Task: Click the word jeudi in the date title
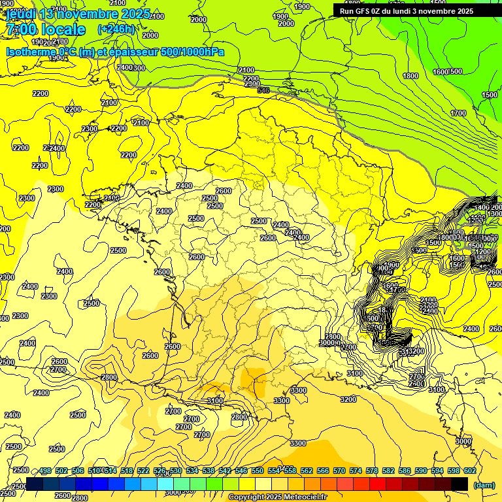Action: tap(20, 14)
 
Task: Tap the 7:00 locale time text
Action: tap(46, 30)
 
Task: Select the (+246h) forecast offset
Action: tap(116, 29)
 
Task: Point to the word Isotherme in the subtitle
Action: tap(30, 52)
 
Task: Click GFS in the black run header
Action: tap(362, 11)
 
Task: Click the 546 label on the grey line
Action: tap(263, 90)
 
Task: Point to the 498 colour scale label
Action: tap(45, 471)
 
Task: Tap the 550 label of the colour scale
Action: tap(258, 471)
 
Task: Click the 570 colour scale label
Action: tap(339, 471)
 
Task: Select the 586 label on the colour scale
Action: tap(405, 471)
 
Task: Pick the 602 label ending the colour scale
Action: tap(470, 471)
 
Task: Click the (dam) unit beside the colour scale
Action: tap(484, 484)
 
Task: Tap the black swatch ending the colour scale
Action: tap(460, 484)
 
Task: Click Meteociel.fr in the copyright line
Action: tap(301, 497)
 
